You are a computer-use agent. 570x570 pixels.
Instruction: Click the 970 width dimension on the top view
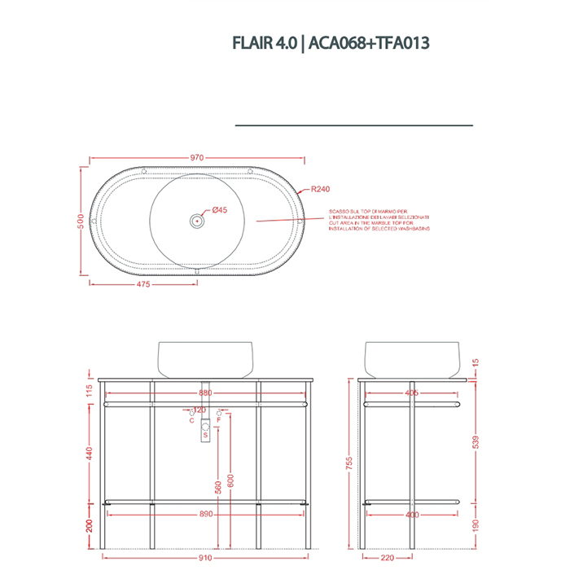pyautogui.click(x=196, y=158)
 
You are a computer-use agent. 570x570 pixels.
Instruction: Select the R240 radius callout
pyautogui.click(x=319, y=190)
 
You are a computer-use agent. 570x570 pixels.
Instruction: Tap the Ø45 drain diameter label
pyautogui.click(x=219, y=210)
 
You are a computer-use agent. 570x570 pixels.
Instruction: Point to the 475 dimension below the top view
pyautogui.click(x=142, y=285)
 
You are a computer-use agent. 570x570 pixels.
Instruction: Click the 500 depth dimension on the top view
pyautogui.click(x=81, y=221)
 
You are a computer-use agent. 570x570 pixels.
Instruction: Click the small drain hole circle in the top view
pyautogui.click(x=196, y=220)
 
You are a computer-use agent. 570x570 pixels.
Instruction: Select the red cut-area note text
pyautogui.click(x=379, y=221)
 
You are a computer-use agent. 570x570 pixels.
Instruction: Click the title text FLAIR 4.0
pyautogui.click(x=263, y=43)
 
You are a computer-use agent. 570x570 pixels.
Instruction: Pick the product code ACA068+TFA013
pyautogui.click(x=366, y=43)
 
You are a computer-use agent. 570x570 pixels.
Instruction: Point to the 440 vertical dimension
pyautogui.click(x=90, y=453)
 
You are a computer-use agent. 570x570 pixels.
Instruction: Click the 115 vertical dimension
pyautogui.click(x=90, y=392)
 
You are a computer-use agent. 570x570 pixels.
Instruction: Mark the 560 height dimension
pyautogui.click(x=217, y=489)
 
